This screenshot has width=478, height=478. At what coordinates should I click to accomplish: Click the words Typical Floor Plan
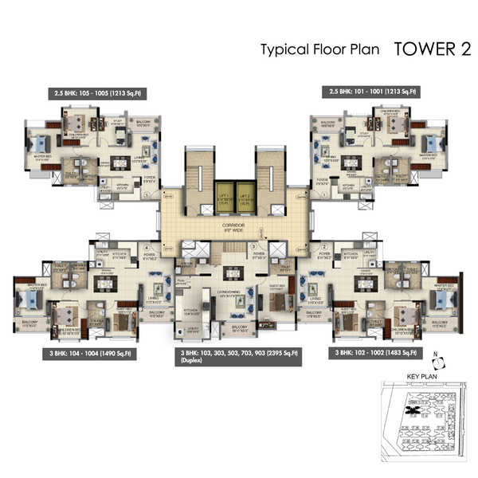(322, 49)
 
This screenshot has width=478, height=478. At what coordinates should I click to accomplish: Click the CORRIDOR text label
(234, 226)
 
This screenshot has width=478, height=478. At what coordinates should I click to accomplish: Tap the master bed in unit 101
(431, 144)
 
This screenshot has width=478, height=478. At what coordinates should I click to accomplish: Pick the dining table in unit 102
(363, 283)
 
